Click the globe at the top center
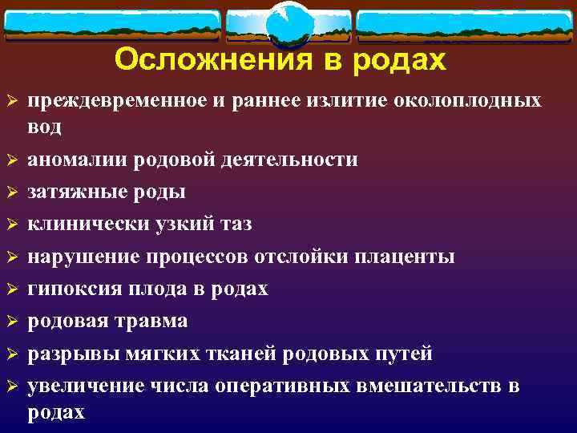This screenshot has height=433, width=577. click(x=288, y=25)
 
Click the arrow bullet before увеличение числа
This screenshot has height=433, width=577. click(x=11, y=386)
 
